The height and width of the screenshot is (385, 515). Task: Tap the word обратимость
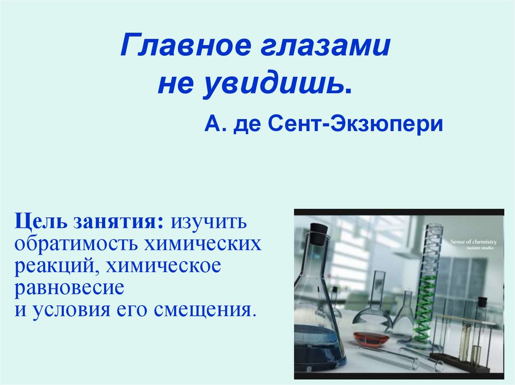point(76,244)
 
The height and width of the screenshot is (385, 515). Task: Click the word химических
point(203,244)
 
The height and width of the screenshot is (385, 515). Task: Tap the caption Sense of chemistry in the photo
point(473,242)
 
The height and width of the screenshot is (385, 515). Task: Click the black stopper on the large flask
point(318,234)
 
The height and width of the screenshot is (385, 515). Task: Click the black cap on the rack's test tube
point(481,302)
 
